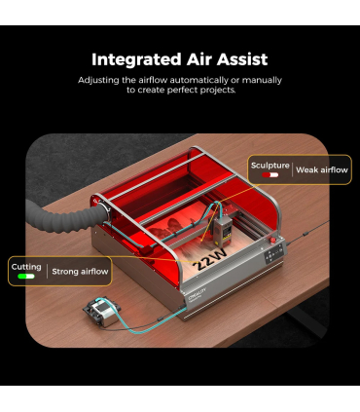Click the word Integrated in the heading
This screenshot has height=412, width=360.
[136, 60]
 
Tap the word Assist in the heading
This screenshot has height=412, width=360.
[242, 59]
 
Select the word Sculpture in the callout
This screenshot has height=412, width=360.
[270, 166]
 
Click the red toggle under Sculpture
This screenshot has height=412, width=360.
[270, 175]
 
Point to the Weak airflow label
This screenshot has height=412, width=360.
[322, 169]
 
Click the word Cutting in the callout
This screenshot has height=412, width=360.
[26, 267]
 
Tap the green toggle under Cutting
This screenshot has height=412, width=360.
[26, 277]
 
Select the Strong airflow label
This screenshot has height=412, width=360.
[80, 272]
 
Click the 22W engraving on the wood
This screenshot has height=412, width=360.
[210, 260]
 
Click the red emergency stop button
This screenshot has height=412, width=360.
[272, 241]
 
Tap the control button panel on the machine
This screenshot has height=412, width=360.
[273, 254]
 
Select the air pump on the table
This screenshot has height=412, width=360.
[102, 312]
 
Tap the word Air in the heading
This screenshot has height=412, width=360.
[198, 59]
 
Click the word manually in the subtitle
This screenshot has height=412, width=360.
[262, 80]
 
